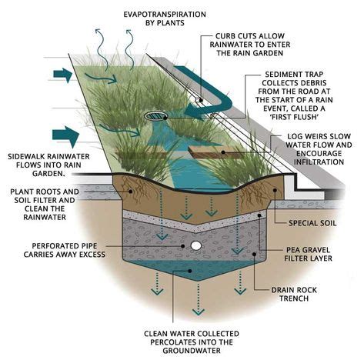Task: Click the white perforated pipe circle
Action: (196, 245)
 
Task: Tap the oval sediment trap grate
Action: (155, 115)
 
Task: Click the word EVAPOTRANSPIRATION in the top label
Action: (165, 15)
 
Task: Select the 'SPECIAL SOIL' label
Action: (312, 223)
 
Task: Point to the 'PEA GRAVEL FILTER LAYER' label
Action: (308, 254)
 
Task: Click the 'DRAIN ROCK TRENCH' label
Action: (294, 294)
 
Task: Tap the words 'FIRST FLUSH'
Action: (294, 117)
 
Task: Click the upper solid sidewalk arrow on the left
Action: (63, 75)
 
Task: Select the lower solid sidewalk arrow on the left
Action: (65, 136)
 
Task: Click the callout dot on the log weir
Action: (223, 152)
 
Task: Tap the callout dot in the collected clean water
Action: (190, 271)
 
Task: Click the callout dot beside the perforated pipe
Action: (183, 246)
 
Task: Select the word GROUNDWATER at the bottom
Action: (192, 351)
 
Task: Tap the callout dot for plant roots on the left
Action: (131, 192)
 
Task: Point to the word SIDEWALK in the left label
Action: (27, 156)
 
